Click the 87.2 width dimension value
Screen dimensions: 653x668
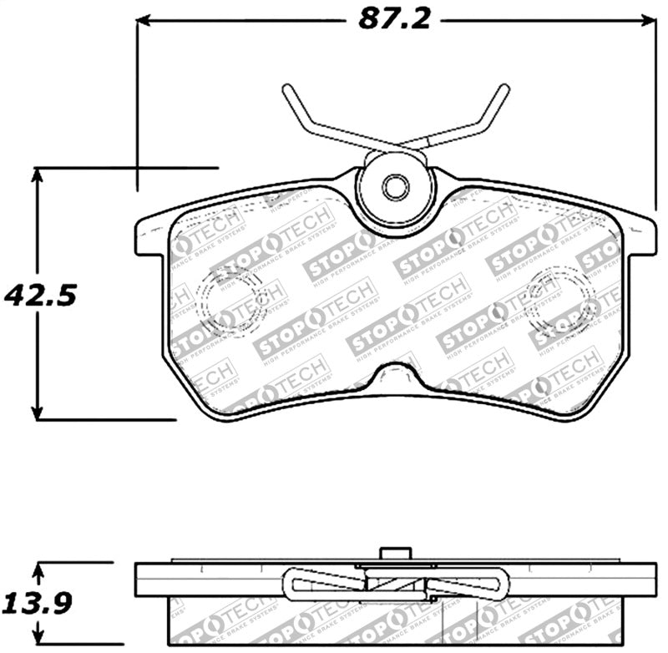coord(394,18)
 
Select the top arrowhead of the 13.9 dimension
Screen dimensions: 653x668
coord(37,571)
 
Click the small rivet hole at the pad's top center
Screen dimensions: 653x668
coord(394,187)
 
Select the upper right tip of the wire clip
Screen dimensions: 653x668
coord(504,89)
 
